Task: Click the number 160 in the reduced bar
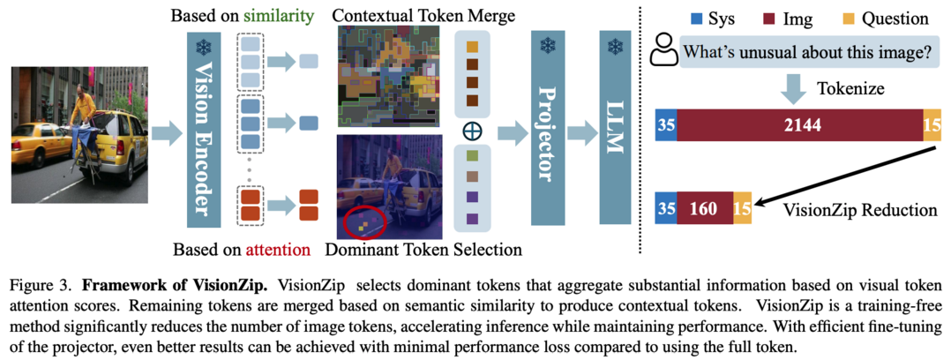pos(704,209)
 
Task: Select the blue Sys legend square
pos(696,19)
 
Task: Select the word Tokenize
pos(850,88)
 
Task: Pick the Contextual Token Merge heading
pos(425,14)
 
